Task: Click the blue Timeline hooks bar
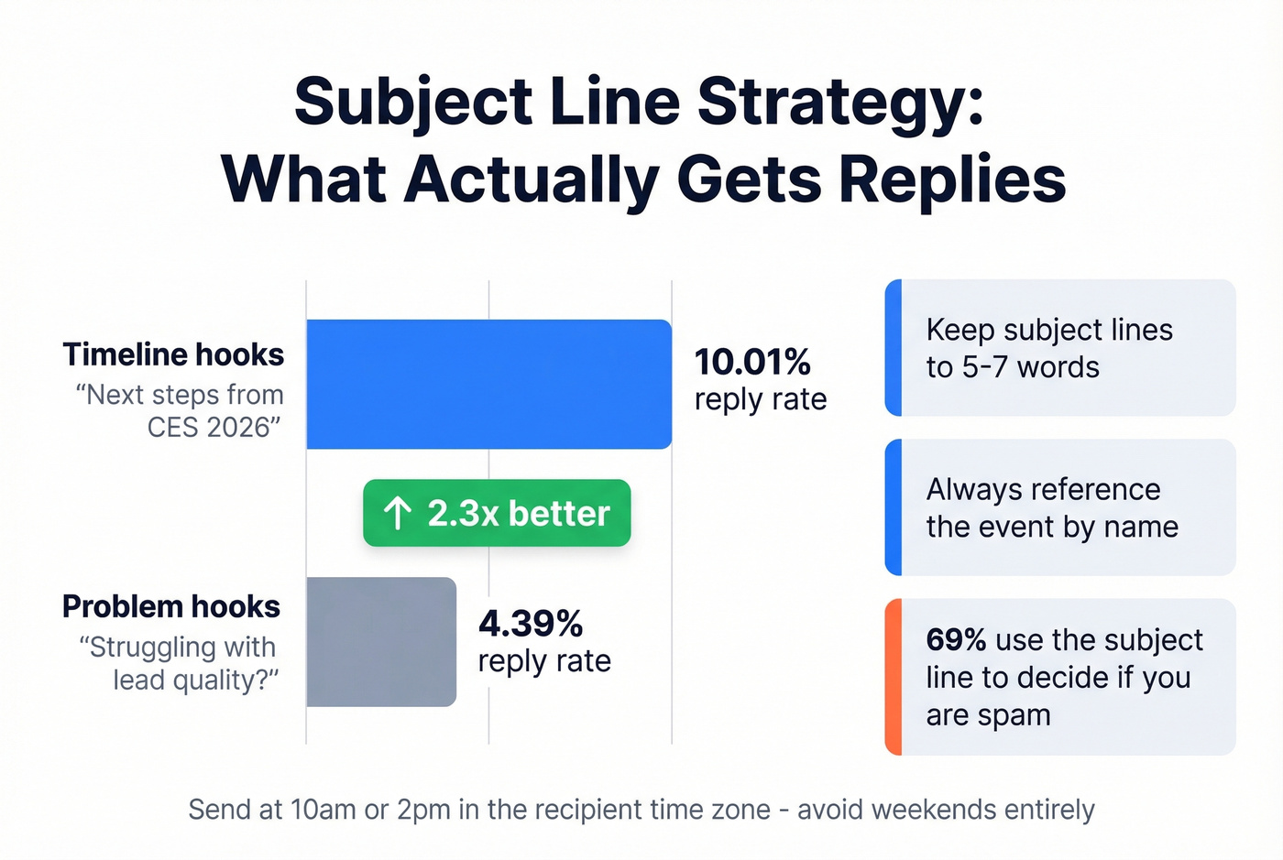[488, 384]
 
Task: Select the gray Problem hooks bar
[381, 641]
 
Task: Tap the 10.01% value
[752, 362]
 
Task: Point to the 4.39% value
[531, 624]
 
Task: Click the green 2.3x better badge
[497, 513]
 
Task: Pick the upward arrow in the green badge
[397, 513]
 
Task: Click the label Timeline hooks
[173, 354]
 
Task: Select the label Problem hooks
[171, 606]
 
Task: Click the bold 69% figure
[956, 639]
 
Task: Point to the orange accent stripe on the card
[894, 677]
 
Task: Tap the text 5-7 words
[1030, 366]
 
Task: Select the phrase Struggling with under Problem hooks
[181, 647]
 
